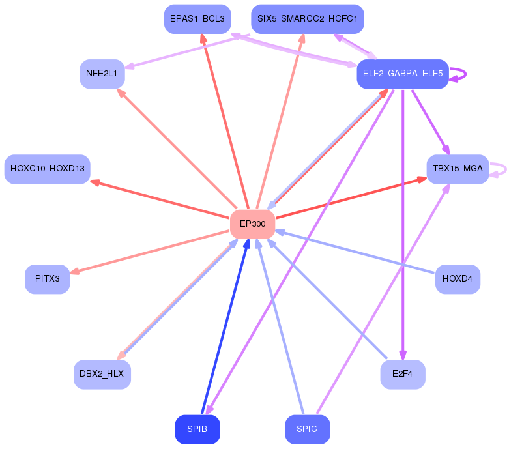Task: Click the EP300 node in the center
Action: tap(253, 224)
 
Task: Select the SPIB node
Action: tap(197, 429)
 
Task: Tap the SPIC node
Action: tap(308, 429)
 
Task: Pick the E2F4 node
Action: tap(403, 374)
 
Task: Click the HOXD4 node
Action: tap(458, 279)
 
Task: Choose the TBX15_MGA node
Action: tap(458, 169)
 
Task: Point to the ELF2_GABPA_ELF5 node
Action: tap(403, 74)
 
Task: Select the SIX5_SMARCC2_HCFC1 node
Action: tap(308, 19)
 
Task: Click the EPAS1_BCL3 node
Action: tap(197, 19)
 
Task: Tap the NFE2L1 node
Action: tap(102, 74)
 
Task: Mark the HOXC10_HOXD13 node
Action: tap(48, 169)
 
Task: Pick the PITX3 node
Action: tap(48, 279)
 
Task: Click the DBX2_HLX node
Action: tap(102, 374)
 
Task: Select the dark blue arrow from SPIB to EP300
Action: tap(225, 326)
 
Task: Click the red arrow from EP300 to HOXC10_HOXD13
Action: tap(160, 199)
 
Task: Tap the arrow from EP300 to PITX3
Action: tap(150, 252)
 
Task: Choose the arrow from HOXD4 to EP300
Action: tap(355, 252)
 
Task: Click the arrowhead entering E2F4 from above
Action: tap(403, 355)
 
